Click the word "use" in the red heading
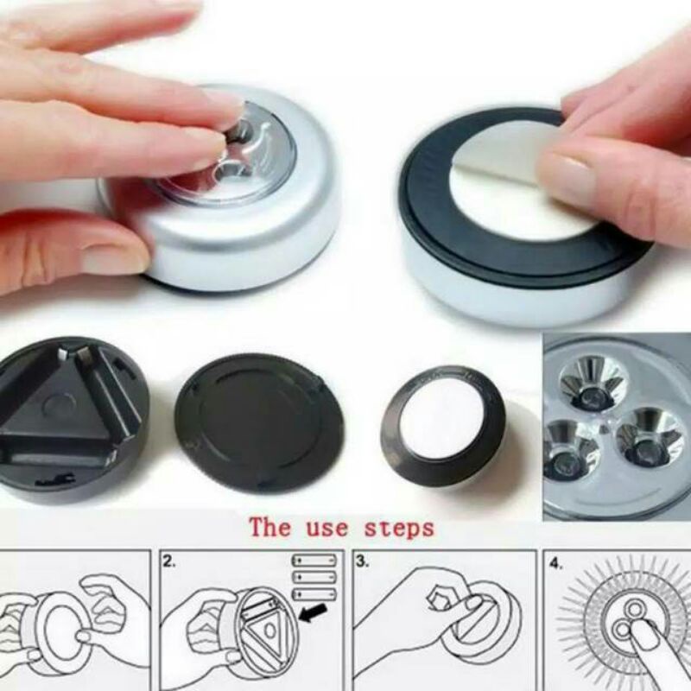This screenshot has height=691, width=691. [326, 528]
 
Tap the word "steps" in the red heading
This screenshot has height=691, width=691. [399, 528]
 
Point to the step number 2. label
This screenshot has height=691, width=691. [169, 562]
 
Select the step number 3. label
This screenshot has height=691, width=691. [362, 562]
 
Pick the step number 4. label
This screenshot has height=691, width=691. [555, 564]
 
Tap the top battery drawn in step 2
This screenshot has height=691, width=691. [314, 561]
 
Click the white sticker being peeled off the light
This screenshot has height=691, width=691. [520, 181]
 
